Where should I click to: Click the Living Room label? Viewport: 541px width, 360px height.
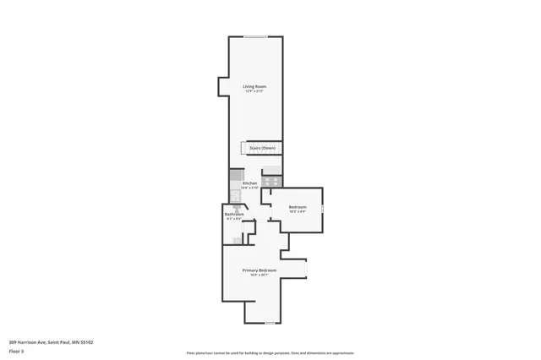click(x=254, y=86)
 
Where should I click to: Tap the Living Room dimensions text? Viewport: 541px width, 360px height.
click(x=254, y=91)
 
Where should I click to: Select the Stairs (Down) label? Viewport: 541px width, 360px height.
click(x=262, y=148)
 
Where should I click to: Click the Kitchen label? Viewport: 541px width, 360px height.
click(x=249, y=183)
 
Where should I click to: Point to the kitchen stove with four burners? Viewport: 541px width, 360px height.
click(x=271, y=180)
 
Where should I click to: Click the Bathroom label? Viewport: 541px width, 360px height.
click(x=234, y=214)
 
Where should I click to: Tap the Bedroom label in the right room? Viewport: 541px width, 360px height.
click(x=298, y=207)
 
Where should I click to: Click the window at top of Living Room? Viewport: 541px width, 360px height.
click(x=257, y=35)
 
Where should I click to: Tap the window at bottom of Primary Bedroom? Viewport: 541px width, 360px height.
click(x=270, y=324)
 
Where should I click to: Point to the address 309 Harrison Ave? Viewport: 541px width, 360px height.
click(x=51, y=342)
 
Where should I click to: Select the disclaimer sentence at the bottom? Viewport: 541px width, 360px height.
click(x=270, y=353)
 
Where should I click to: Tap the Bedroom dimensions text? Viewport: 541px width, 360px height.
click(x=298, y=212)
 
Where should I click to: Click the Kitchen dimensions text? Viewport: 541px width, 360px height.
click(x=249, y=188)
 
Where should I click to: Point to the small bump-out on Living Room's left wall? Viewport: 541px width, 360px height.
click(x=222, y=88)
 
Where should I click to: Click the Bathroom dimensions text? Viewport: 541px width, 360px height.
click(x=234, y=219)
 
